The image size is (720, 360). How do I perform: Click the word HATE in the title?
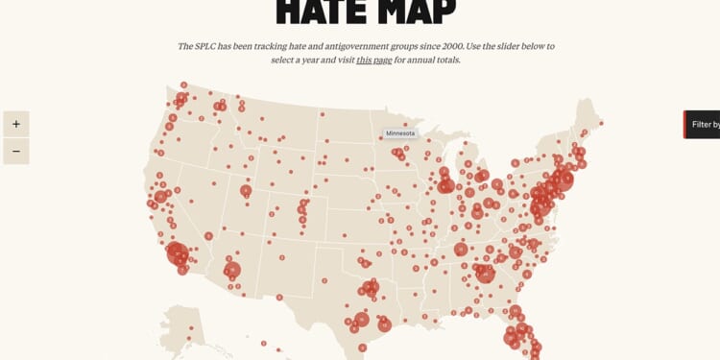point(323,12)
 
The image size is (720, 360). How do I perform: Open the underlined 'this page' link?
point(374,60)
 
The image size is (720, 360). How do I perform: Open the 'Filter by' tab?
point(703,125)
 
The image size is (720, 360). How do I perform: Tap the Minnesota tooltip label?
point(401,133)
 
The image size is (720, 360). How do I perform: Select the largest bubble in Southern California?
point(178,253)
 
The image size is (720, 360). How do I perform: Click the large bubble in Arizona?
point(232,271)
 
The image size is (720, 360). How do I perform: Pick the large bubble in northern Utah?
point(246,191)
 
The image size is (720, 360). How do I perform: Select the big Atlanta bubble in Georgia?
point(486,274)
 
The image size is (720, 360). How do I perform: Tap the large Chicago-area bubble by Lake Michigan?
point(445,185)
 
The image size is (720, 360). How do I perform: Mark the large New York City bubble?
point(563,180)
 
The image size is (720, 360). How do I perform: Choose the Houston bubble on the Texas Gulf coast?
point(385,325)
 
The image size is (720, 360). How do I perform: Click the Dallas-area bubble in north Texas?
point(371,287)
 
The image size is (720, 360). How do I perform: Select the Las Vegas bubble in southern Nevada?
point(208,235)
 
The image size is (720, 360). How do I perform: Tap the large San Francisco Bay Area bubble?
point(160,197)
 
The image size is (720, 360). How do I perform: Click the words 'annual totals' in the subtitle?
point(435,60)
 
